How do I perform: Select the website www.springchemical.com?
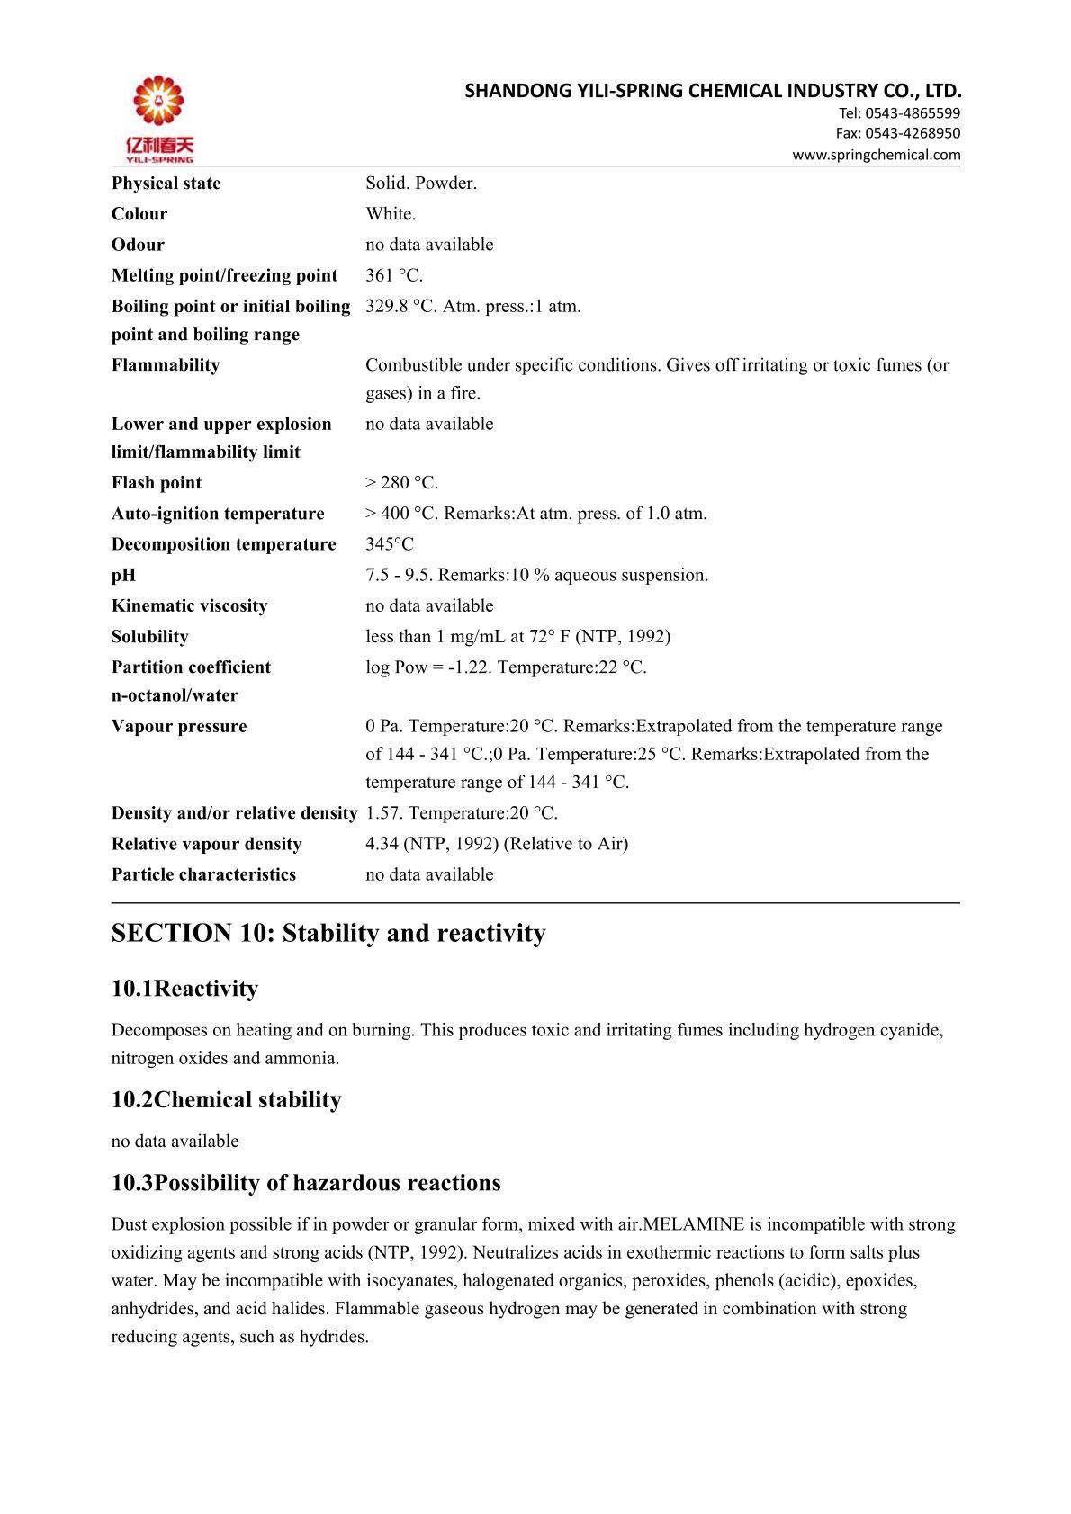pos(876,155)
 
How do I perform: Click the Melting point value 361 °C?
pos(394,275)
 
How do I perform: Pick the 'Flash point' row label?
pos(157,483)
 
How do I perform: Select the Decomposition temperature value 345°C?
pos(390,544)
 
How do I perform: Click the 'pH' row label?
pos(123,575)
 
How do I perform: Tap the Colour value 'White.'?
pos(391,214)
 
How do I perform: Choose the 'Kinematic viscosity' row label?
pos(189,605)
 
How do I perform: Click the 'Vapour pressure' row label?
pos(179,726)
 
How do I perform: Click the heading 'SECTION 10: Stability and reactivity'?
pos(328,933)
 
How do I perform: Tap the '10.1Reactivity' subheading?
pos(184,989)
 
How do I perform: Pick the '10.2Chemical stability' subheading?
pos(226,1100)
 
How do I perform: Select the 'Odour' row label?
pos(138,245)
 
